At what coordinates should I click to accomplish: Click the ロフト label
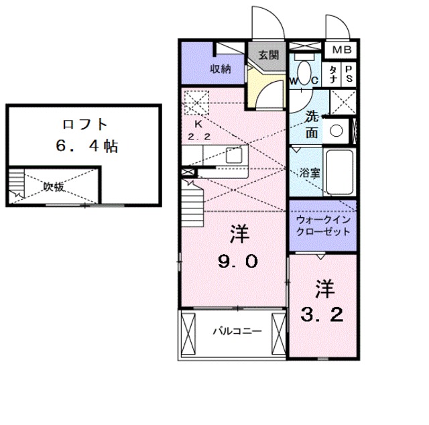point(84,125)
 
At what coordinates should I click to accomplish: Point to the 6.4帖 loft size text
point(84,146)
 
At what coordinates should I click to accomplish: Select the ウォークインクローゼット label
point(323,225)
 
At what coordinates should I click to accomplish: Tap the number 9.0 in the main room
point(237,262)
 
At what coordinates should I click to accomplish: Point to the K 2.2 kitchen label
point(198,129)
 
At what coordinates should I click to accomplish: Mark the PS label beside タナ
point(349,73)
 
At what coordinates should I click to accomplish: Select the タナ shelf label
point(332,74)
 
